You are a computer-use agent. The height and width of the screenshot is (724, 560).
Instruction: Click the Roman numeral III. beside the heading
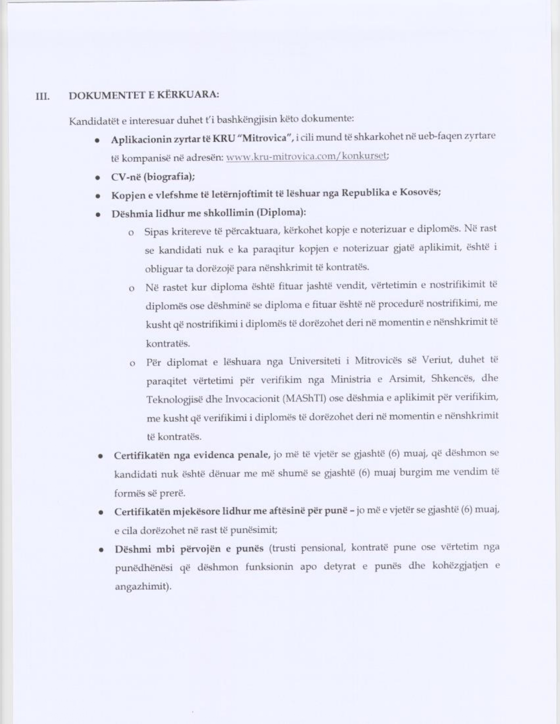point(42,97)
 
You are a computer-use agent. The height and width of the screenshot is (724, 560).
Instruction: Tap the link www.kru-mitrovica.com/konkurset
point(307,157)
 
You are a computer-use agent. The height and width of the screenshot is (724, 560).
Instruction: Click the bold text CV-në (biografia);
point(153,177)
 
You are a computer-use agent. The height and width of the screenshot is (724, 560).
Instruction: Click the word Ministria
point(350,379)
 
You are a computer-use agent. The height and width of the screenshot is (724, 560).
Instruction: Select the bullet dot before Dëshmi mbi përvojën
point(101,550)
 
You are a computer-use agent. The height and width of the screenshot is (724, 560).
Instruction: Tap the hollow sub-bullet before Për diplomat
point(132,364)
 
